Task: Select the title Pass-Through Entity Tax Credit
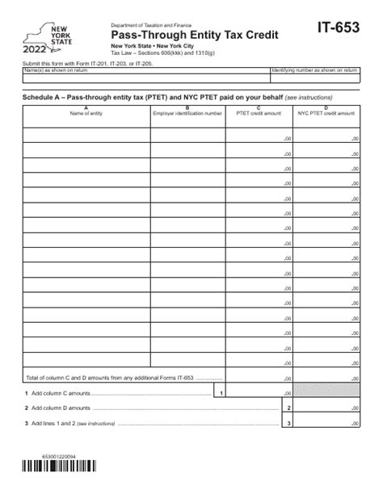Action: (x=195, y=35)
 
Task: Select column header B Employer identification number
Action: (x=187, y=112)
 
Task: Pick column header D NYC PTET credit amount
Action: (x=326, y=112)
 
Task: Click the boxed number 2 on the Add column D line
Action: (x=288, y=408)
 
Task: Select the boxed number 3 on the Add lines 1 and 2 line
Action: (x=288, y=423)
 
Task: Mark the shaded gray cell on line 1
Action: (x=326, y=392)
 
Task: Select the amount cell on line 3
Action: (x=326, y=423)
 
